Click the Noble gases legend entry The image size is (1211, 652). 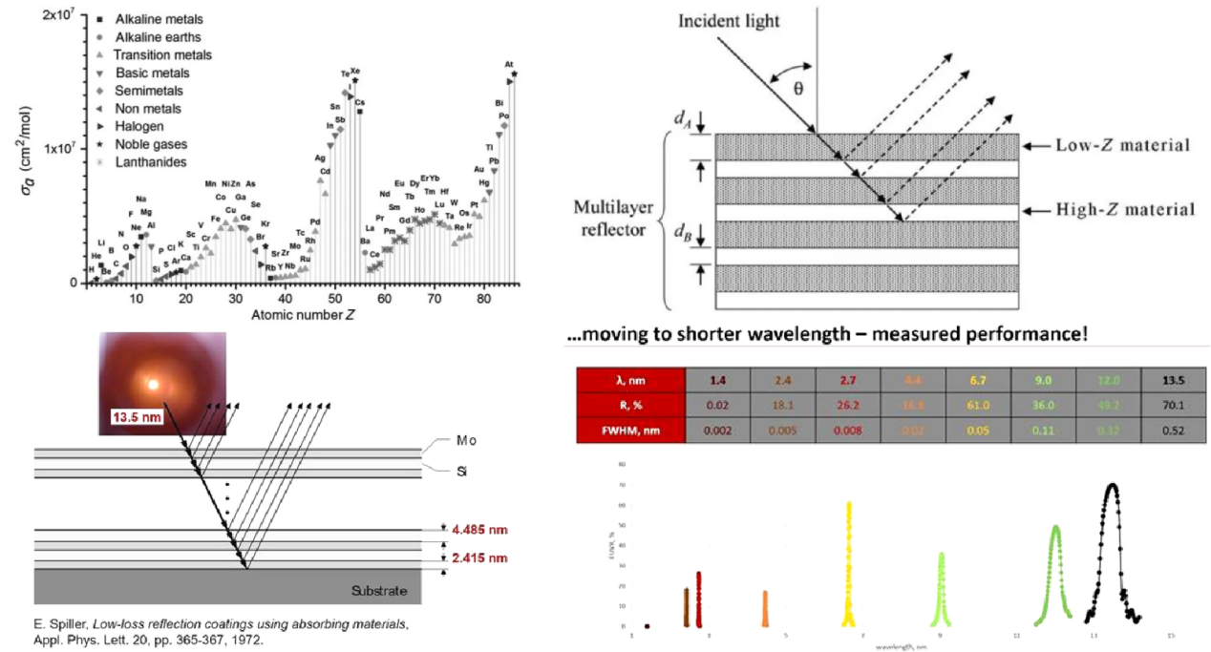click(151, 144)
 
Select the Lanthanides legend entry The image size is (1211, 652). click(151, 162)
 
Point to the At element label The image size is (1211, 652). click(509, 65)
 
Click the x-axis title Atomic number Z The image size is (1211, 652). click(295, 315)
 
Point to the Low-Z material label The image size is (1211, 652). click(1122, 146)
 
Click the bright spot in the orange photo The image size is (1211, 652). click(151, 384)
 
